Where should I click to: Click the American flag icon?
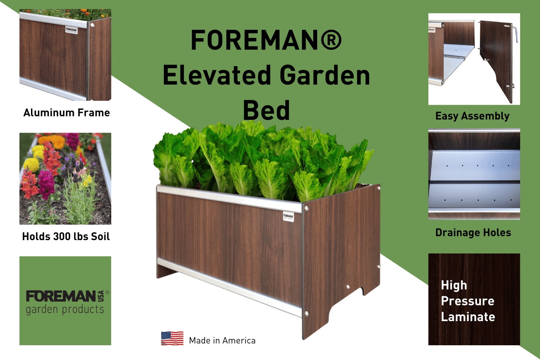[172, 338]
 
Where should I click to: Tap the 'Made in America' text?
[222, 341]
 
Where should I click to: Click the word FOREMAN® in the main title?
[266, 40]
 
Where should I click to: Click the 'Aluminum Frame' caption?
[67, 113]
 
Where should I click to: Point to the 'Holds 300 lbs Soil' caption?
[66, 237]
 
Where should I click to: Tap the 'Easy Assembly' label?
[472, 116]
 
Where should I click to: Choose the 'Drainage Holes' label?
[473, 233]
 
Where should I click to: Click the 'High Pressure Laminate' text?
[468, 301]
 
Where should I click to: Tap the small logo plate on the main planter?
[288, 216]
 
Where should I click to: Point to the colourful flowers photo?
[65, 179]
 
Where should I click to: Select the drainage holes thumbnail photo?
[474, 174]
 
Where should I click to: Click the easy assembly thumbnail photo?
[474, 59]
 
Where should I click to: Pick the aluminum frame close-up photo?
[65, 55]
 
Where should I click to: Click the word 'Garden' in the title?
[325, 75]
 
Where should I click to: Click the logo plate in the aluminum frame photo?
[71, 30]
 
